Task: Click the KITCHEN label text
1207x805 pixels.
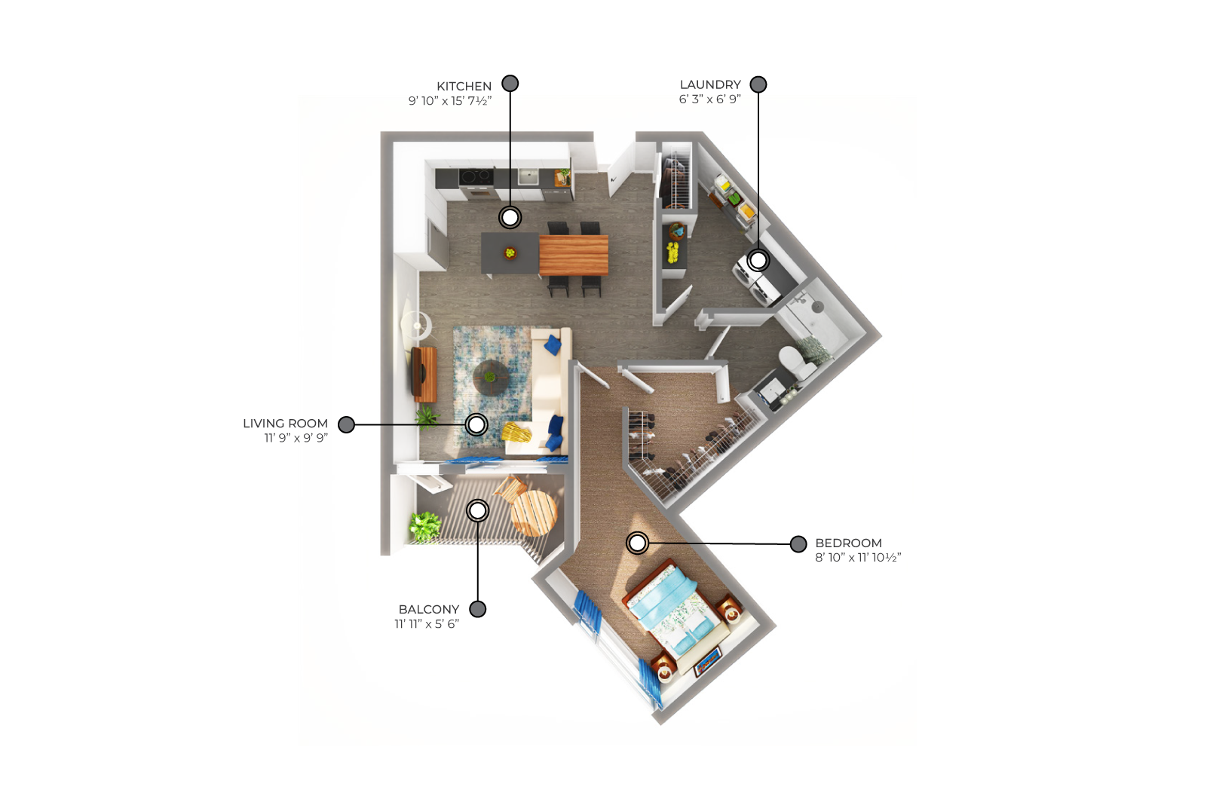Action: [464, 86]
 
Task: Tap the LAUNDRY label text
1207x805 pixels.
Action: [710, 84]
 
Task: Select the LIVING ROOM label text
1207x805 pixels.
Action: [285, 424]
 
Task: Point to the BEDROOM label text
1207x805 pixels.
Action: [848, 543]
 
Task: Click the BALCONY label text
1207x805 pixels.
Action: [428, 610]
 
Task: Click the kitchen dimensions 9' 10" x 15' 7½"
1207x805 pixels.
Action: [450, 101]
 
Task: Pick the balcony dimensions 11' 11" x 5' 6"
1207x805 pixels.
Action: [426, 624]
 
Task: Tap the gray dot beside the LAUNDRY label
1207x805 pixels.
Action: [758, 84]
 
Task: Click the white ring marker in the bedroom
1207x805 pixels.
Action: [638, 543]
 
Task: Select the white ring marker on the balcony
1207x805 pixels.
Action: [478, 510]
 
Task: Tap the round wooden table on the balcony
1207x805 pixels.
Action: [534, 513]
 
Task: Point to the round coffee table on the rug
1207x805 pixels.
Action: [490, 378]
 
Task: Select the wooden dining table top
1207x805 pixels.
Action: [573, 255]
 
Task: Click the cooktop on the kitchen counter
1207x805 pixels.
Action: [476, 176]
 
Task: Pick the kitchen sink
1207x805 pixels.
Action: [528, 176]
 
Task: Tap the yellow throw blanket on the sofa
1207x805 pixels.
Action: [516, 432]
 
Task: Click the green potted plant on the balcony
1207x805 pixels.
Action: [424, 526]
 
